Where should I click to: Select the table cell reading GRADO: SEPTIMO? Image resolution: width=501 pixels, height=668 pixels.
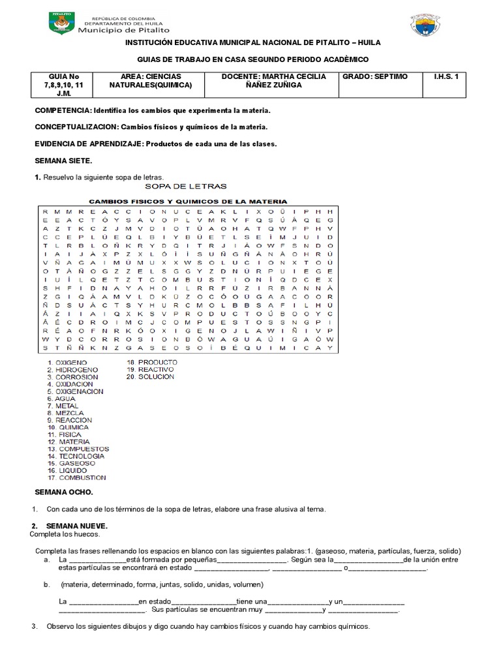click(x=374, y=76)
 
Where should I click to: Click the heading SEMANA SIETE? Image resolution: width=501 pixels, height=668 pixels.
click(x=63, y=160)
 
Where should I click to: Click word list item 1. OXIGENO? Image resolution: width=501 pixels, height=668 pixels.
click(x=67, y=361)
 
